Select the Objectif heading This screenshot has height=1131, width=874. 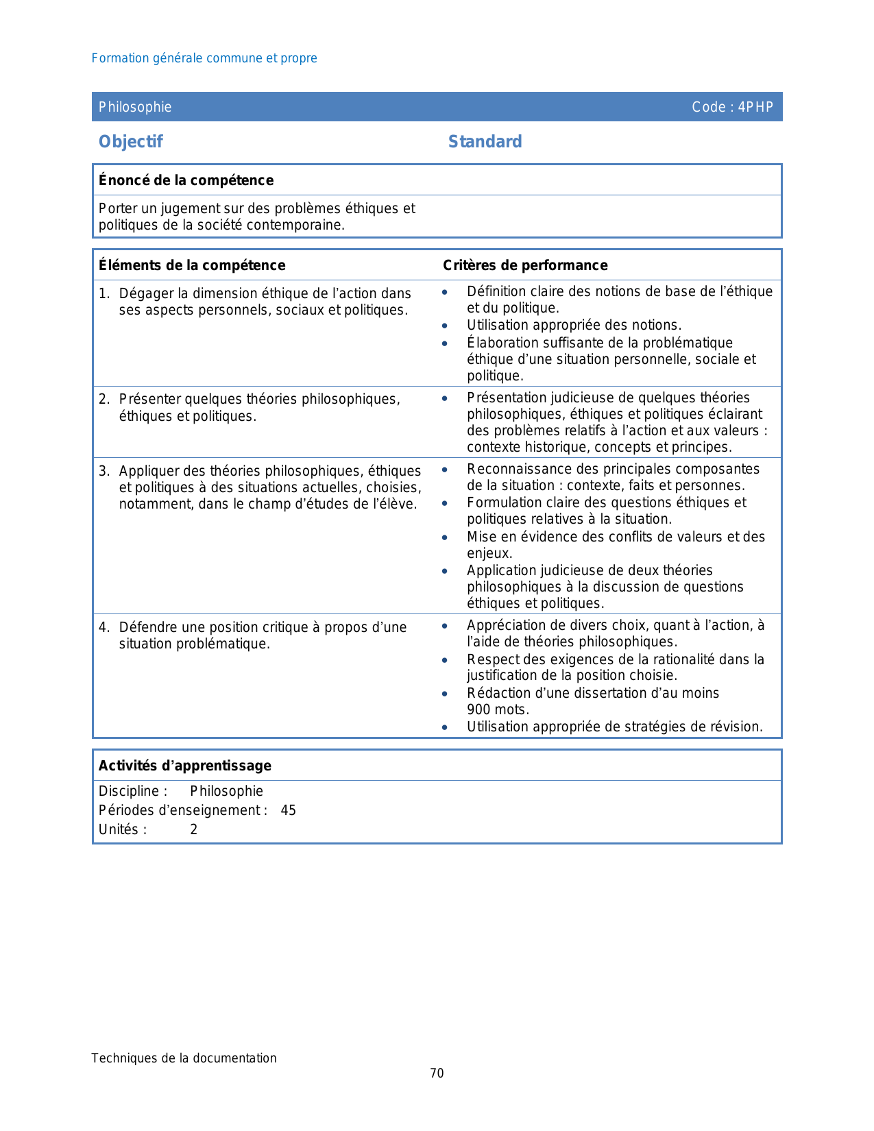pos(131,142)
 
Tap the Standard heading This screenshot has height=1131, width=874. pos(485,142)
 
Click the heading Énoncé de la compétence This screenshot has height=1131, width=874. pos(186,180)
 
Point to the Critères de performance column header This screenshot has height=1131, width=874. pos(525,265)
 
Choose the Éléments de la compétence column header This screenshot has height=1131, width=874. pos(192,265)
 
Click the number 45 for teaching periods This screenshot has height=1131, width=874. pos(289,810)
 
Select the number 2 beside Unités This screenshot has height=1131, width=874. pos(194,829)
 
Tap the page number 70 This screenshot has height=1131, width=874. pos(437,1073)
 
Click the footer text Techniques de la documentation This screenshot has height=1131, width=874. pos(184,1058)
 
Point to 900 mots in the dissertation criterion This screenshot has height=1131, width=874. pos(498,709)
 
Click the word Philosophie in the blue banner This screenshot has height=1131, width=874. pos(135,107)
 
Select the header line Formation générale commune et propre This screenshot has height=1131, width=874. pos(204,58)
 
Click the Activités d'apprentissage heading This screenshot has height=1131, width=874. pos(185,766)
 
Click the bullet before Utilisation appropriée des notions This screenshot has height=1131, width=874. pos(445,326)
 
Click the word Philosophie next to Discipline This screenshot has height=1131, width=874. pos(227,791)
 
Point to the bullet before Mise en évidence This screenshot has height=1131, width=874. pos(445,537)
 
